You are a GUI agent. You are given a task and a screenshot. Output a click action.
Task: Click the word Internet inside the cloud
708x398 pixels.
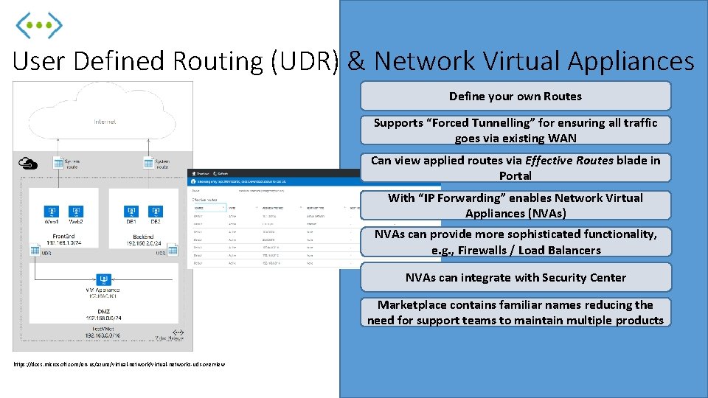click(105, 121)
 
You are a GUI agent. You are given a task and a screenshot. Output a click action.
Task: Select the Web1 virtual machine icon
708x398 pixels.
click(52, 212)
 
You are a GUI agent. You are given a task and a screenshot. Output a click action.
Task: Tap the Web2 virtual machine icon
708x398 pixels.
click(75, 212)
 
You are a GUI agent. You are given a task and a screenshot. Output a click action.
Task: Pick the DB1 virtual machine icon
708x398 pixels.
click(131, 212)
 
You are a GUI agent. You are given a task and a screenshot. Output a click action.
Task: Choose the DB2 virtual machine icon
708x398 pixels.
click(155, 212)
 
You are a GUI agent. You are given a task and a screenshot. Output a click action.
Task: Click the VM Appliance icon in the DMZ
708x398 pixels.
click(103, 279)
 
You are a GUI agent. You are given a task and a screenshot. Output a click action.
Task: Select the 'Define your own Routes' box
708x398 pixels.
click(515, 96)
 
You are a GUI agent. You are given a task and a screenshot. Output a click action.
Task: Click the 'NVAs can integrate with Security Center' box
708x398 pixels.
click(515, 277)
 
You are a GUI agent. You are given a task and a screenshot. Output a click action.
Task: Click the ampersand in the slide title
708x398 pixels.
click(356, 61)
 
